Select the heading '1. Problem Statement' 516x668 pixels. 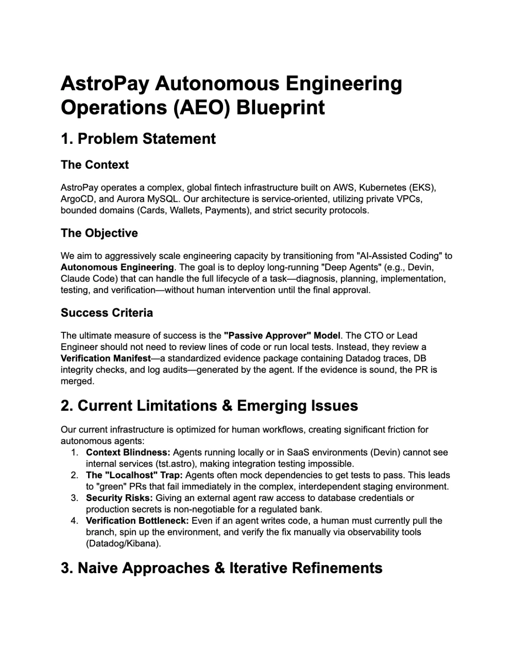coord(138,139)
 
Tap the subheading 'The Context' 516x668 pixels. coord(94,165)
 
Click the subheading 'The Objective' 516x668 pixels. coord(99,233)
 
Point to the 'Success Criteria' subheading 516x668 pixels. coord(107,313)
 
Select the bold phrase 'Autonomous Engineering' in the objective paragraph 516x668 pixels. coord(117,267)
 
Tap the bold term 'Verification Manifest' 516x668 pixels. coord(106,358)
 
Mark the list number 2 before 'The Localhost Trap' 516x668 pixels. coord(74,475)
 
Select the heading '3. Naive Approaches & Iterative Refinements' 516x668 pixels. coord(221,568)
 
